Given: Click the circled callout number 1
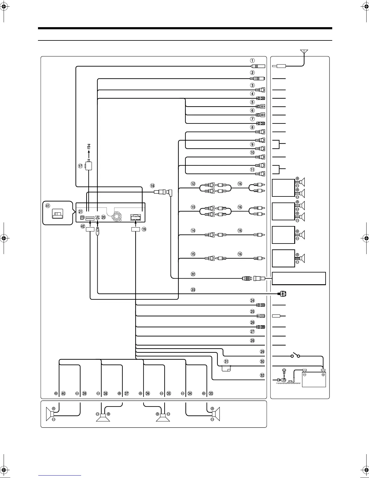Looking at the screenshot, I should click(253, 60).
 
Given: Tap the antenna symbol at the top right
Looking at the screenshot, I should click(304, 52).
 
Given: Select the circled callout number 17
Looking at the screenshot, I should click(80, 166).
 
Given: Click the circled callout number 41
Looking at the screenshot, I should click(48, 206).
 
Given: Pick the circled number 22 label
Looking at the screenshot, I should click(193, 274).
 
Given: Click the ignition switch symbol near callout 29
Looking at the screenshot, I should click(295, 356).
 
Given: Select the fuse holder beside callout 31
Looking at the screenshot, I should click(226, 368).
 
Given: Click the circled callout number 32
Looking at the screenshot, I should click(262, 375).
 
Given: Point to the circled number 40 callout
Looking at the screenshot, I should click(63, 394).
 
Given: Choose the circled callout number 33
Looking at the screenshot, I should click(211, 394).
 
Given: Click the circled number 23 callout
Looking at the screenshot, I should click(193, 290).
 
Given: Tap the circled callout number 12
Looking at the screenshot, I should click(193, 184).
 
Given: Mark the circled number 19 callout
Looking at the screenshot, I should click(144, 229).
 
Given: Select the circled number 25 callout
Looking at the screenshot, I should click(252, 311).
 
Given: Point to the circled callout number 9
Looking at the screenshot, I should click(252, 144).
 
